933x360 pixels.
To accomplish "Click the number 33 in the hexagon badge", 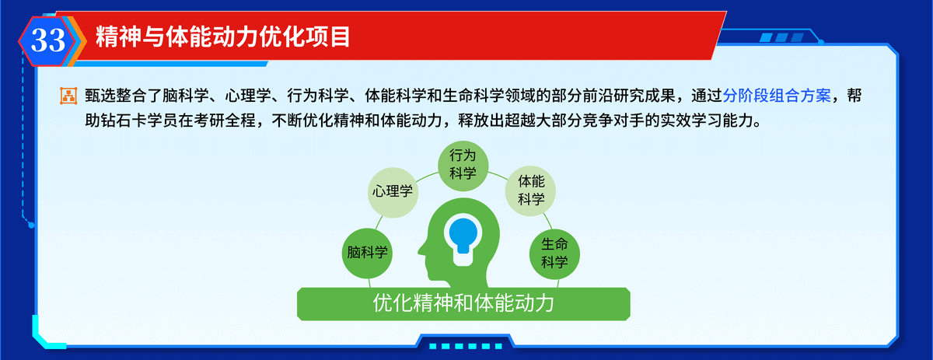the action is click(48, 40).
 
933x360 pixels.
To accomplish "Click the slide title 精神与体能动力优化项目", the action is click(223, 37).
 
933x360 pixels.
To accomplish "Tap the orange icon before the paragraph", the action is click(68, 96).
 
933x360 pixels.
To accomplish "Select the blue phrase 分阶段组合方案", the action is click(777, 96).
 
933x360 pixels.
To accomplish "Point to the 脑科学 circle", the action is click(367, 253).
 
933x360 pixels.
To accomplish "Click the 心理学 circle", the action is click(393, 192).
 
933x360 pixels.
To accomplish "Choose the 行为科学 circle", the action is click(463, 166).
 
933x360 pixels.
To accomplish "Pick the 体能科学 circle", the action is click(530, 190).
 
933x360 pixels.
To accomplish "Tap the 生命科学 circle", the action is click(554, 253).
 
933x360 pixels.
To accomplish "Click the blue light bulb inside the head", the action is click(463, 235).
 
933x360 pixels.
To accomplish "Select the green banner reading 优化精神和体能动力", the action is click(463, 304).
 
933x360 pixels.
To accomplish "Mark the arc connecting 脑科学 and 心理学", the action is click(379, 222).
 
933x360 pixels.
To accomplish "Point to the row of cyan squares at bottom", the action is click(465, 346).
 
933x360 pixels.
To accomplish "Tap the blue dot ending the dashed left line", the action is click(31, 225).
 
